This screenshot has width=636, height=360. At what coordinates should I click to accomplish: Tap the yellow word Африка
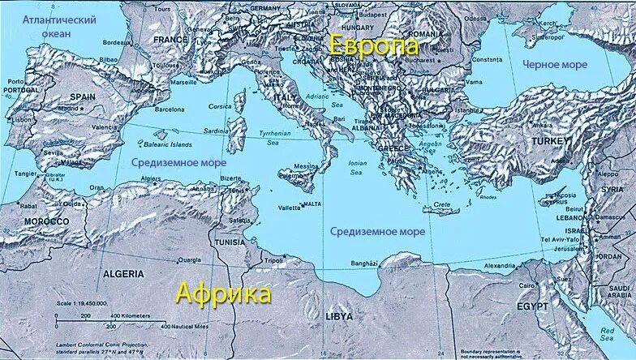[224, 294]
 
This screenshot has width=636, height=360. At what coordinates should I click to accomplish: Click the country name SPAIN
[83, 96]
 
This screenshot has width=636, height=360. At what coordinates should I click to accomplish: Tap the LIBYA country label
[339, 315]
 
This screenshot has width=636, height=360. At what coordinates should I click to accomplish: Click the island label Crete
[442, 204]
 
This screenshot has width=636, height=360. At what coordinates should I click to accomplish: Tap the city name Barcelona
[170, 108]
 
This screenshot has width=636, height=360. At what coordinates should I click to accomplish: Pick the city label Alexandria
[499, 265]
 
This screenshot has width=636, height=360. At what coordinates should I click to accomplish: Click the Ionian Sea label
[357, 167]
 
